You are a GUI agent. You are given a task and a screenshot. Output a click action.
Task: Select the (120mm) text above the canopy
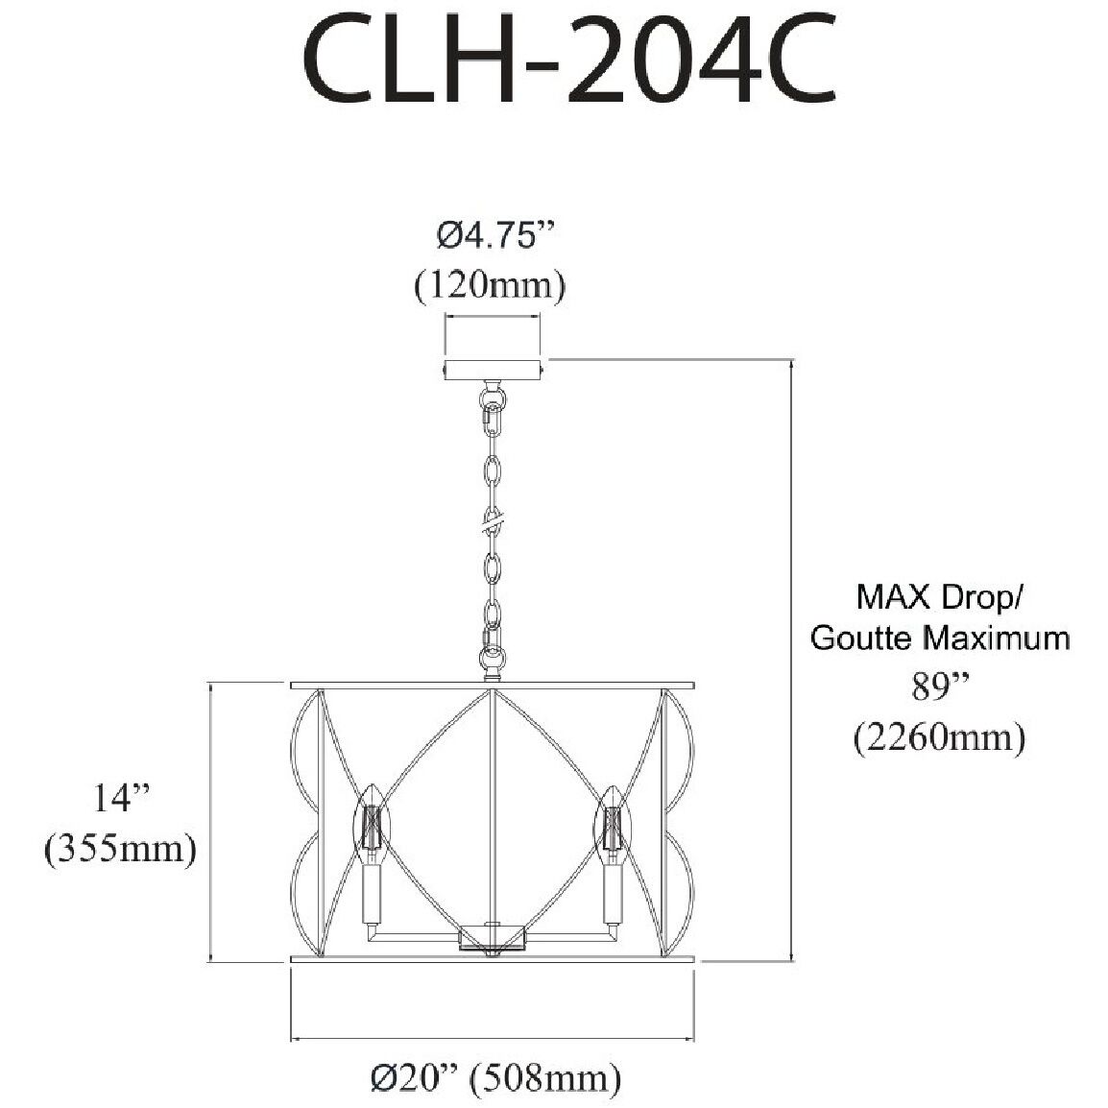(490, 286)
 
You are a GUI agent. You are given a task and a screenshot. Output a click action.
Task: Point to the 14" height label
(123, 798)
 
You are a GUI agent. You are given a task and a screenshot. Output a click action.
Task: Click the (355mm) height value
(121, 849)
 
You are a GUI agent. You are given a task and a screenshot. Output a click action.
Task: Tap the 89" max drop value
(939, 686)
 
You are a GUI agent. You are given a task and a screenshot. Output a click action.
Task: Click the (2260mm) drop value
(940, 736)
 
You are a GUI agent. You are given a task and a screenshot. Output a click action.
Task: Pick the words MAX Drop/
(940, 597)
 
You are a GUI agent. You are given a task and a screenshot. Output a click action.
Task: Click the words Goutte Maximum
(940, 638)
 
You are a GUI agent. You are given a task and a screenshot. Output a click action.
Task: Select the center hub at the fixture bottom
(493, 936)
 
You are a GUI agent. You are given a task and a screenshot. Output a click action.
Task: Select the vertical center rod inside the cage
(493, 807)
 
